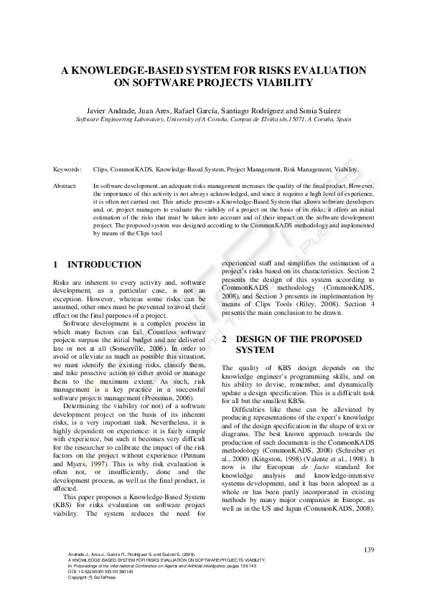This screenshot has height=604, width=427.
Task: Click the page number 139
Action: pyautogui.click(x=369, y=549)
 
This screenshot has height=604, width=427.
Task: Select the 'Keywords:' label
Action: pyautogui.click(x=67, y=170)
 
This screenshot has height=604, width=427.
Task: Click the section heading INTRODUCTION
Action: pyautogui.click(x=104, y=265)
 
